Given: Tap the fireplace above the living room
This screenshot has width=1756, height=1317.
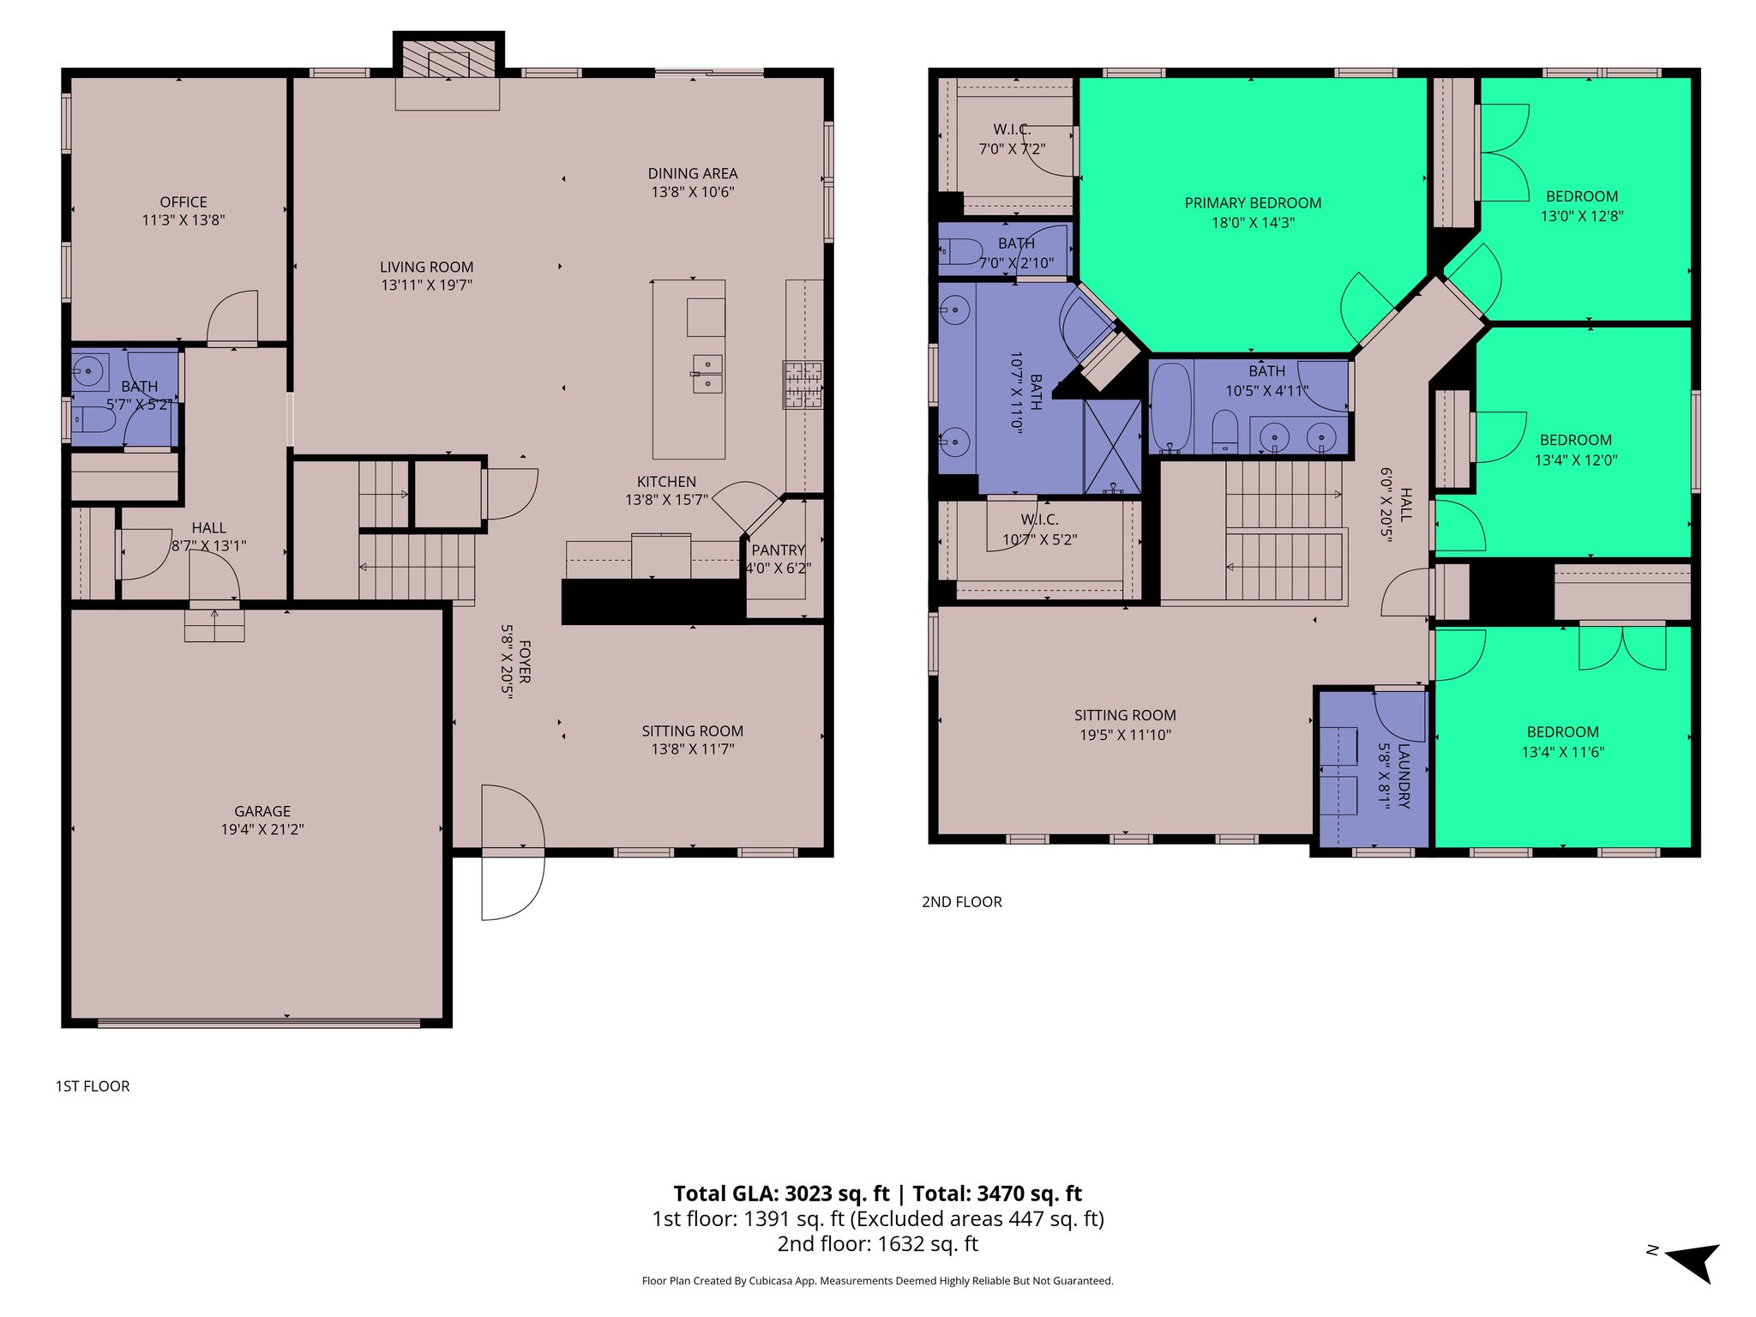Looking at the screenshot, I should tap(448, 59).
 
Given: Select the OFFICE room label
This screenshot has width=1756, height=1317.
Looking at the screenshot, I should tap(183, 202).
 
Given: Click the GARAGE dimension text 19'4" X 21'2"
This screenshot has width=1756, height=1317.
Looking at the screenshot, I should tap(262, 829).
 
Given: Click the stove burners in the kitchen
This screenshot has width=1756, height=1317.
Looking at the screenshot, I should tap(803, 384).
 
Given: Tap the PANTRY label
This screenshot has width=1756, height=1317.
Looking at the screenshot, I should tap(779, 550).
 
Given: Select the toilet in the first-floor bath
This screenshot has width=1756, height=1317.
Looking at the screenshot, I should tap(95, 420).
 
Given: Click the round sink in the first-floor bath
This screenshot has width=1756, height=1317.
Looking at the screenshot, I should tap(88, 371).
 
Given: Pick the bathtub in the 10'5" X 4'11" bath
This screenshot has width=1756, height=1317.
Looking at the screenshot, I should tap(1170, 407).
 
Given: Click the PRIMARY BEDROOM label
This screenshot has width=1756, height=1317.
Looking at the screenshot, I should tap(1253, 203).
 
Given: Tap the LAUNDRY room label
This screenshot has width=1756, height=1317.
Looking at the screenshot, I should tap(1404, 775).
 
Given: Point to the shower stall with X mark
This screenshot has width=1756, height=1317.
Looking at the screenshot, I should tap(1112, 446).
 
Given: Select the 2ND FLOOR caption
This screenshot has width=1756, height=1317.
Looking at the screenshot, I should tap(961, 902).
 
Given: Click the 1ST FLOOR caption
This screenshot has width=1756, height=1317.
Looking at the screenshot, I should tap(93, 1086).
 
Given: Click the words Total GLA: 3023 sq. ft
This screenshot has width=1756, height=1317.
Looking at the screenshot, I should tap(781, 1194).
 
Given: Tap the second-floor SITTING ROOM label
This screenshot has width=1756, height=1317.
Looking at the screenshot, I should tap(1125, 715).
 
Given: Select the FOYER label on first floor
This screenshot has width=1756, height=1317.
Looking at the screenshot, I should tap(524, 662).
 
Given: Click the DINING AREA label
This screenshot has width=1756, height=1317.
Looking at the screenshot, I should tap(693, 174).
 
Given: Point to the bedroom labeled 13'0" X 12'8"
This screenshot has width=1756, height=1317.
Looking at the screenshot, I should tap(1582, 206).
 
